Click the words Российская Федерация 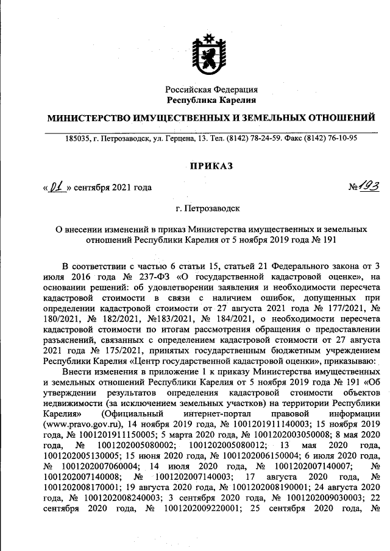[x=211, y=89]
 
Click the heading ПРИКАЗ [x=211, y=164]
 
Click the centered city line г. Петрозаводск [x=211, y=208]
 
